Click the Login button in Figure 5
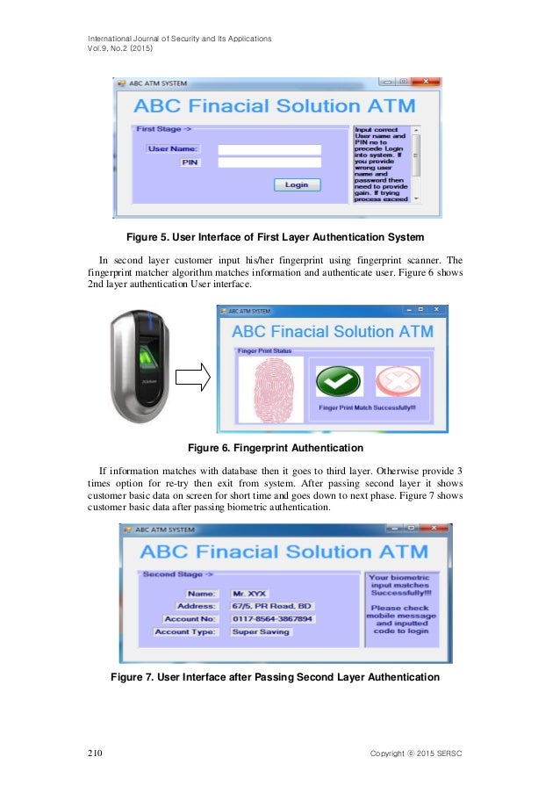297,184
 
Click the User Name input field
269,149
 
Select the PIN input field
269,162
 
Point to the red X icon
393,382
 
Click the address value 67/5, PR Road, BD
271,607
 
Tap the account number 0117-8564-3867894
271,619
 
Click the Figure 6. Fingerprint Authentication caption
279,449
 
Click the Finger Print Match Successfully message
367,408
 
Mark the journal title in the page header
178,39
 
